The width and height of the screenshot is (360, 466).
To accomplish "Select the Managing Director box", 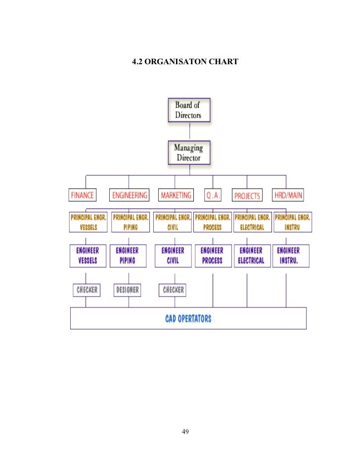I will pos(188,153).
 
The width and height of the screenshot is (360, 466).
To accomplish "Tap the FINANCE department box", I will pos(82,195).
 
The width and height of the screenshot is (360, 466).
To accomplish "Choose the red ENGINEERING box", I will pos(130,195).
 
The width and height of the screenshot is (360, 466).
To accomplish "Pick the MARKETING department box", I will pos(176,195).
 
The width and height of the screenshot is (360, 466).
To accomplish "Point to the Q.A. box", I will pos(213,195).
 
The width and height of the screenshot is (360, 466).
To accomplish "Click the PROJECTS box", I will pos(247,196).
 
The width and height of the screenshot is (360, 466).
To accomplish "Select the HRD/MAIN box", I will pos(288,195).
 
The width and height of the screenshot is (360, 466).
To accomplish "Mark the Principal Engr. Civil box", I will pos(172,222).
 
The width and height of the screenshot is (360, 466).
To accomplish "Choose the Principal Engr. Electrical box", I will pos(252,222).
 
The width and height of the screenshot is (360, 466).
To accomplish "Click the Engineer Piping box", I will pos(127,255).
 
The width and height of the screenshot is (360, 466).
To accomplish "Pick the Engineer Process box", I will pos(212,255).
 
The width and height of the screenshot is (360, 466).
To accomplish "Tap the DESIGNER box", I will pos(127,290).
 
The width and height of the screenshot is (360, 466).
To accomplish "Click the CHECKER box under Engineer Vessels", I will pos(86,290).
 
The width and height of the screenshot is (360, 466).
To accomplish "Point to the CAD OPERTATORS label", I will pos(188,318).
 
